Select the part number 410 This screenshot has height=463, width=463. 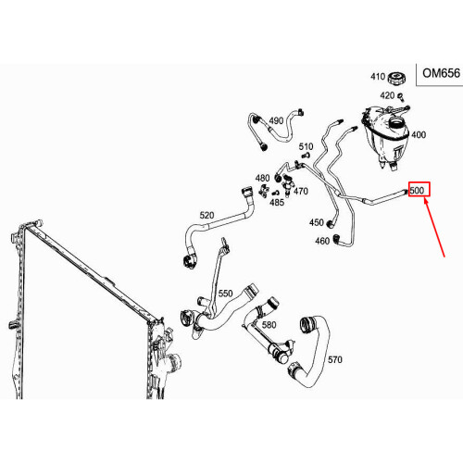[x=377, y=77]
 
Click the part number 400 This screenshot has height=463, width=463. [x=419, y=135]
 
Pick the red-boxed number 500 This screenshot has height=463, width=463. [x=417, y=191]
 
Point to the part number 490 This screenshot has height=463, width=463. [x=276, y=121]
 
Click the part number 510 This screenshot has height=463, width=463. [x=306, y=147]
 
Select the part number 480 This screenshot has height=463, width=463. [x=262, y=178]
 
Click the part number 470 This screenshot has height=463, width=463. [x=301, y=192]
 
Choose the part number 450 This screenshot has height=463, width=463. [x=317, y=222]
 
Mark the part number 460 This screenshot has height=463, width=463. [x=322, y=241]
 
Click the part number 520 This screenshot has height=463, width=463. [x=206, y=216]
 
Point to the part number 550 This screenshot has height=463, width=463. [x=225, y=294]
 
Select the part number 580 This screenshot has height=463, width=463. [x=269, y=325]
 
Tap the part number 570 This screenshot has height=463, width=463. [x=335, y=359]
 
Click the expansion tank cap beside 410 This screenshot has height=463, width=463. [x=400, y=77]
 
